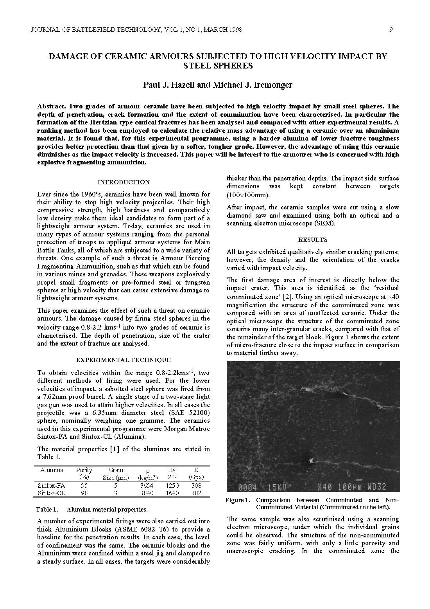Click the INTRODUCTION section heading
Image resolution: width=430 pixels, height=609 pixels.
tap(123, 182)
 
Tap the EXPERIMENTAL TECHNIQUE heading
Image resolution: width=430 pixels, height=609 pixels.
tap(123, 360)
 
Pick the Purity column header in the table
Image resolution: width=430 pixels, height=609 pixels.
tap(84, 470)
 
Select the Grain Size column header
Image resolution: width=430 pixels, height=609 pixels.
tap(116, 474)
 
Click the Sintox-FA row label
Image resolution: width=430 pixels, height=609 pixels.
tap(52, 485)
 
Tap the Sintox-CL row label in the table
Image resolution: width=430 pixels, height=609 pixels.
tap(52, 493)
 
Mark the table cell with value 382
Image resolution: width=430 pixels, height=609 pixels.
tap(196, 493)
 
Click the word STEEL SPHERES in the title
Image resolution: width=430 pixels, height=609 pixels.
tap(218, 66)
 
